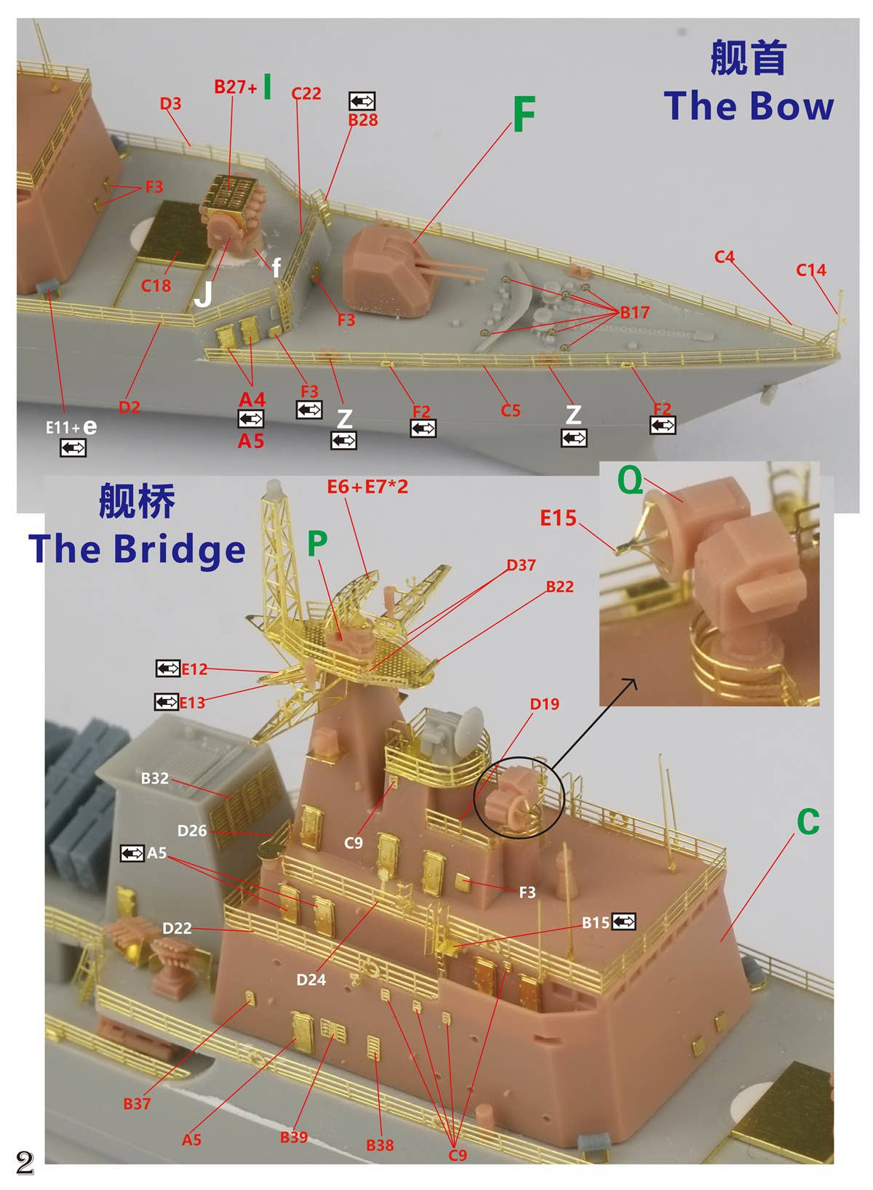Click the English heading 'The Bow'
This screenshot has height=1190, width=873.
(748, 105)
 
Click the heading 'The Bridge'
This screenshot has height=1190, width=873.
(137, 548)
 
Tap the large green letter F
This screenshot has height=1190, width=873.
(523, 114)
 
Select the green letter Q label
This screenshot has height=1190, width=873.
(629, 481)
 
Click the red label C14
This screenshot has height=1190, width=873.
(811, 270)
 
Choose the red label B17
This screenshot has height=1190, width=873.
(635, 312)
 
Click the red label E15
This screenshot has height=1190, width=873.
(558, 517)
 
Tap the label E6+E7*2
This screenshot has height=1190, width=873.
(367, 486)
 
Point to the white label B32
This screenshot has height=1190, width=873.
(155, 778)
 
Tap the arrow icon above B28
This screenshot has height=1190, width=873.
(362, 100)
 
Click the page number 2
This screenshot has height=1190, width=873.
(25, 1162)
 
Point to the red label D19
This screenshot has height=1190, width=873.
(545, 704)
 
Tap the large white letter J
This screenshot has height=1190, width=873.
(204, 294)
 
